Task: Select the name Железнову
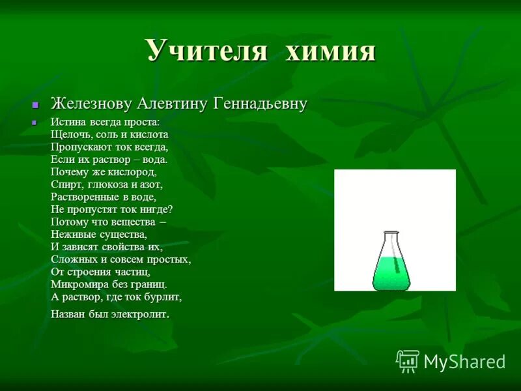pos(91,104)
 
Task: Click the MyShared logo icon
pos(408,361)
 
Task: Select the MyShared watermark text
pos(464,362)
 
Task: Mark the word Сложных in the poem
pos(72,259)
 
